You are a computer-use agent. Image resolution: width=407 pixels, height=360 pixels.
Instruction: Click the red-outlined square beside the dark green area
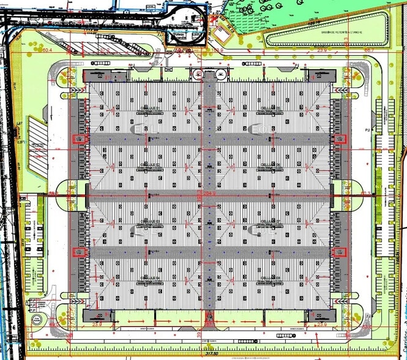click(220, 36)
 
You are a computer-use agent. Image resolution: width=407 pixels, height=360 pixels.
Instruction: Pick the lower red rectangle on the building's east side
click(337, 252)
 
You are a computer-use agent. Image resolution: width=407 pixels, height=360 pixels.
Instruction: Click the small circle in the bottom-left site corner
click(37, 319)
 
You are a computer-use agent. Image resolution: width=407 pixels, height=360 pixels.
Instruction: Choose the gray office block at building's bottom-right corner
click(318, 314)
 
